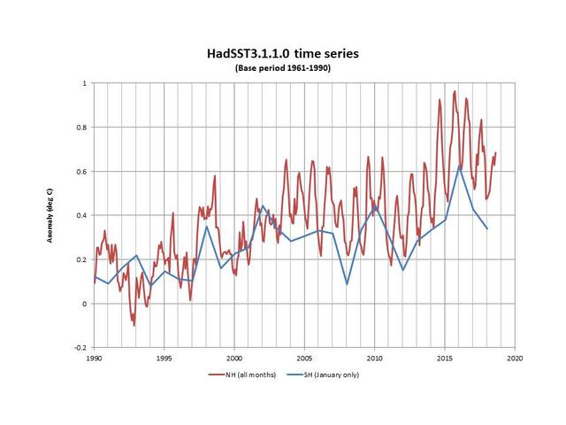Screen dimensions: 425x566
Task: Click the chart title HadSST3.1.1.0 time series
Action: pyautogui.click(x=283, y=54)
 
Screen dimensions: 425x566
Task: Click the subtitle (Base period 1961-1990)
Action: pyautogui.click(x=283, y=68)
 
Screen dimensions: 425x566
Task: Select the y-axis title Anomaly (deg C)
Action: pyautogui.click(x=50, y=215)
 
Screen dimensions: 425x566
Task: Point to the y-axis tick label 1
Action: pyautogui.click(x=84, y=83)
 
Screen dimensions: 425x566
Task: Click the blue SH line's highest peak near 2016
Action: pyautogui.click(x=459, y=166)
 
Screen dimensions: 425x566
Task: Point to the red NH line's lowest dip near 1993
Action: pyautogui.click(x=134, y=325)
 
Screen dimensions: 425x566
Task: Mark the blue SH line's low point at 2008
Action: pyautogui.click(x=347, y=284)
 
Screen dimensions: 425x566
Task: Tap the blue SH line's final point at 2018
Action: pyautogui.click(x=487, y=229)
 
